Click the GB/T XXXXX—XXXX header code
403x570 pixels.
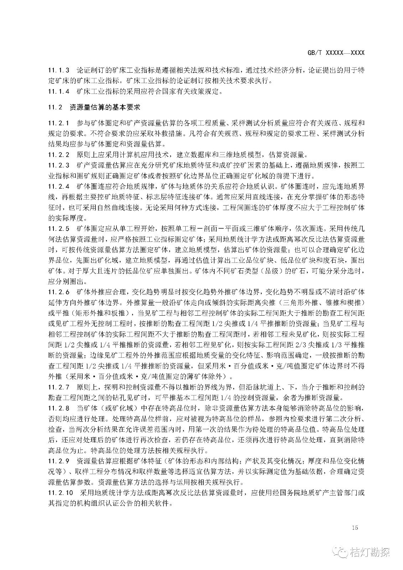[336, 53]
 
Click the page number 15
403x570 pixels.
[354, 528]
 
